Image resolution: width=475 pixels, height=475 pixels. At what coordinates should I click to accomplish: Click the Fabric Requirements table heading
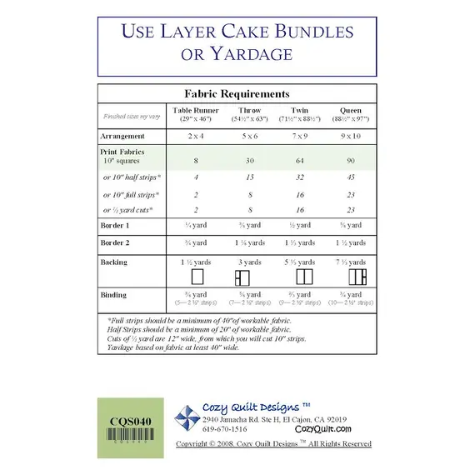[x=237, y=94]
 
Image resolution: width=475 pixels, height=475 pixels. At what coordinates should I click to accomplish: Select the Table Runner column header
[x=197, y=111]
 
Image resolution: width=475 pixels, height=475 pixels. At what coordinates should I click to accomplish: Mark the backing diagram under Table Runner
[x=197, y=276]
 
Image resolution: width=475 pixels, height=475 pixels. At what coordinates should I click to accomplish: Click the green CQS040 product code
[x=130, y=421]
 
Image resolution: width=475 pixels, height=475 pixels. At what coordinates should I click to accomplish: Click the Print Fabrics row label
[x=124, y=153]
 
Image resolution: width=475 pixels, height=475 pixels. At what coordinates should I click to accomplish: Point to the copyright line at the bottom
[x=273, y=444]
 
